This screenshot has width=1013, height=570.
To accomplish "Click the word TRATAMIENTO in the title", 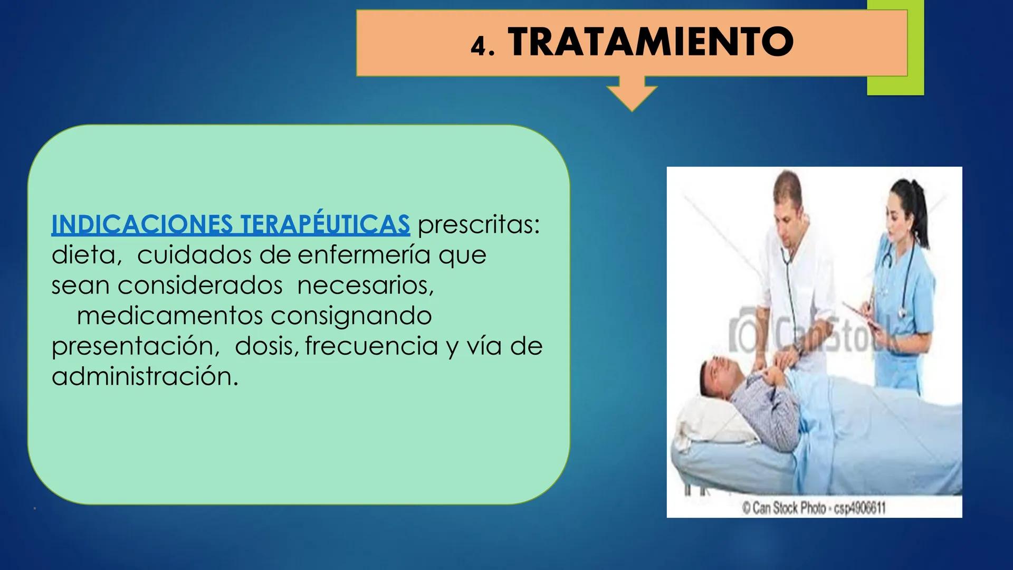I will [651, 42].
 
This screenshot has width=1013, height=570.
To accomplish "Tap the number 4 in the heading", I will [477, 46].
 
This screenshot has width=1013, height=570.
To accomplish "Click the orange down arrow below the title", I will [632, 94].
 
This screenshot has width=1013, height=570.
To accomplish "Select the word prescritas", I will [478, 225].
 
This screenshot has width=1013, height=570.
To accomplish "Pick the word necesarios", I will [365, 286].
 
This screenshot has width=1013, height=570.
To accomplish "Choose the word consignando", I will [351, 316].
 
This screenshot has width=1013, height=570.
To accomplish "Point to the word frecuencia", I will [371, 347].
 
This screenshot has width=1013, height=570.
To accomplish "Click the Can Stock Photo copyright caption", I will [813, 508].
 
